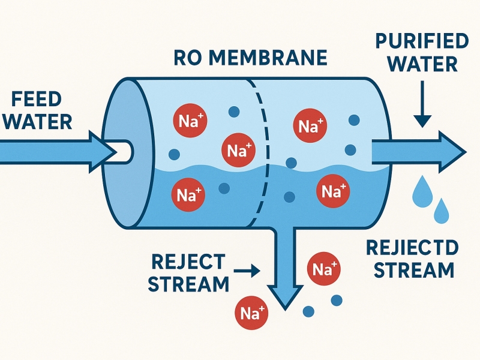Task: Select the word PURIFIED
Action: click(421, 43)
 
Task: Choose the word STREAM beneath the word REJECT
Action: click(188, 283)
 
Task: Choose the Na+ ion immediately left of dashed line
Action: click(238, 149)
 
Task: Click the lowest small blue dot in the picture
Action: click(310, 311)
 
